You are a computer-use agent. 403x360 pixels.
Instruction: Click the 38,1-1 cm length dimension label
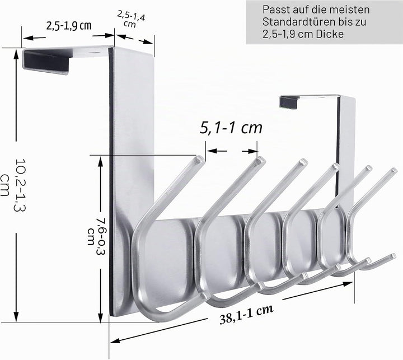click(x=246, y=315)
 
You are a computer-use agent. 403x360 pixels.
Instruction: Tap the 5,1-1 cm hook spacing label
click(x=231, y=128)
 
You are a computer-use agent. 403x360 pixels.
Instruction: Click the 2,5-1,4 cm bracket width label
click(x=131, y=19)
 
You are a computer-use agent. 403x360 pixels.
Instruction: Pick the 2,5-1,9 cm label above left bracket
click(x=69, y=26)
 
